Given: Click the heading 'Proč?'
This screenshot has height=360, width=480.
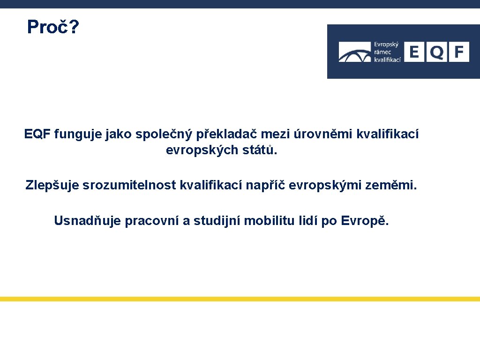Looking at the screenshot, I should click(53, 27).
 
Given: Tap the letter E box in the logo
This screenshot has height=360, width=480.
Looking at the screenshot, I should click(414, 52).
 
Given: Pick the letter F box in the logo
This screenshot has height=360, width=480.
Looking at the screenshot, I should click(459, 52).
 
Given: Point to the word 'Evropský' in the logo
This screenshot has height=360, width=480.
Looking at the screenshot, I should click(386, 45).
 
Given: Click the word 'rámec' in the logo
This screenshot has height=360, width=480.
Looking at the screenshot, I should click(382, 52).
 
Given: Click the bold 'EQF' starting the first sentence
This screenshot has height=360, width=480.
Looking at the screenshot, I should click(37, 135).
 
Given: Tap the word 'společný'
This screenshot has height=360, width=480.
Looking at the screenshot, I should click(164, 135).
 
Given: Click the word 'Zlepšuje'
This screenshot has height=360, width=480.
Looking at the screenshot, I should click(52, 186).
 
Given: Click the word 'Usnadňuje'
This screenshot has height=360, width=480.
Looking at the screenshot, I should click(88, 221).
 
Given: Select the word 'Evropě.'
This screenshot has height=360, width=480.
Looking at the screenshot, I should click(365, 221).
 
